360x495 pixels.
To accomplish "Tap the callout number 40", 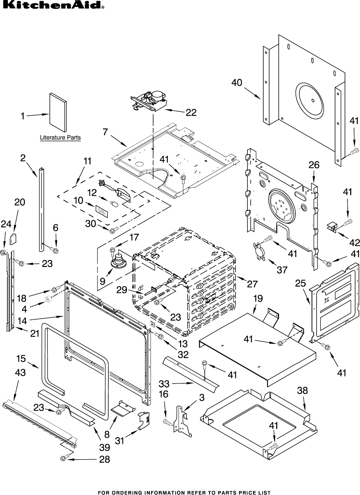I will click(x=237, y=83).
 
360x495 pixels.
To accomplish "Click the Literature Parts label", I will click(x=60, y=138).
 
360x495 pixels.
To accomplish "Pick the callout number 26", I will click(x=314, y=165).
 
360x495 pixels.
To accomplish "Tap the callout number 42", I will click(x=355, y=242).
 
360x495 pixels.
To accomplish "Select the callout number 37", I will click(x=282, y=270).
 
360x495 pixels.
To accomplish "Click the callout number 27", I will click(x=252, y=284).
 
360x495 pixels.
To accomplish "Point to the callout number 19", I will click(x=258, y=299).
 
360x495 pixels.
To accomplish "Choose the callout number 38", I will click(x=303, y=390).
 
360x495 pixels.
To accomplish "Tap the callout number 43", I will click(x=20, y=373).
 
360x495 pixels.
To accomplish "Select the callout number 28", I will click(x=104, y=459).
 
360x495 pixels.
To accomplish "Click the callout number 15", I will click(x=21, y=359).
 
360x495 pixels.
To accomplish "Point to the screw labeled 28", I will click(x=64, y=458).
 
